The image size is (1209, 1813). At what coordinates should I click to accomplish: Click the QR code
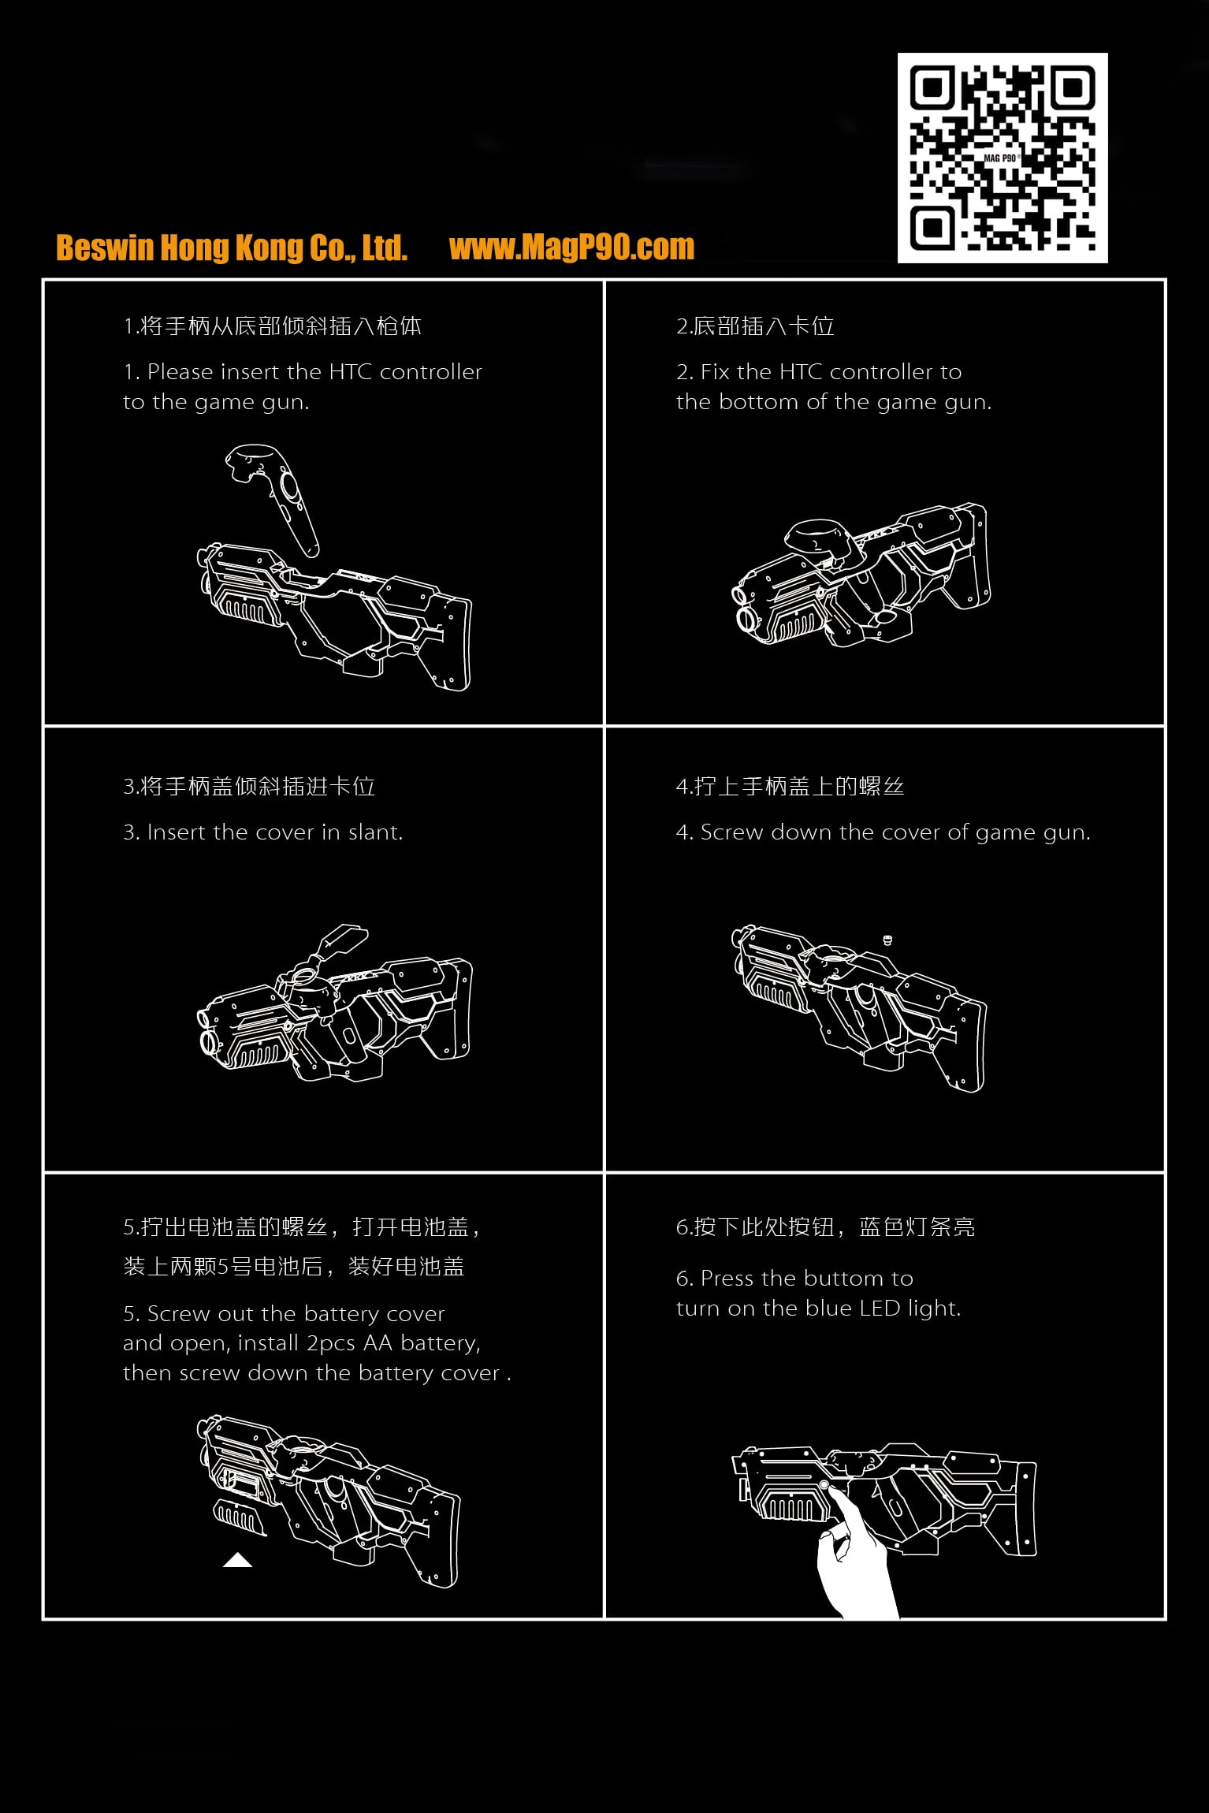click(1003, 158)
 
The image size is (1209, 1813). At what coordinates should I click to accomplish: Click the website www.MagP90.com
click(572, 248)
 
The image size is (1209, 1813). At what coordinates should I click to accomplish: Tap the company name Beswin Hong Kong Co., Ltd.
click(232, 248)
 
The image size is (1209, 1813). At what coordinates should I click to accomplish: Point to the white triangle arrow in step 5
click(237, 1560)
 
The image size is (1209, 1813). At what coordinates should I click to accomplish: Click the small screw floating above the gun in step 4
click(887, 940)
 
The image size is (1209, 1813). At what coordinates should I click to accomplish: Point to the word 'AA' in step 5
click(378, 1343)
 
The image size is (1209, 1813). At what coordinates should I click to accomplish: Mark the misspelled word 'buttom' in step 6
click(846, 1279)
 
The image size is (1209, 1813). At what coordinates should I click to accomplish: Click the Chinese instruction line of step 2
click(755, 326)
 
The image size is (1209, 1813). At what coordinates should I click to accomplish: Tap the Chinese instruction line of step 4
click(790, 787)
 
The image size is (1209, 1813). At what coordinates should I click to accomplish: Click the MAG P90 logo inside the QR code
click(1001, 158)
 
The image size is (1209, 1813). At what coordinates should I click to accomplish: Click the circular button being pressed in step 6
click(824, 1485)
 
